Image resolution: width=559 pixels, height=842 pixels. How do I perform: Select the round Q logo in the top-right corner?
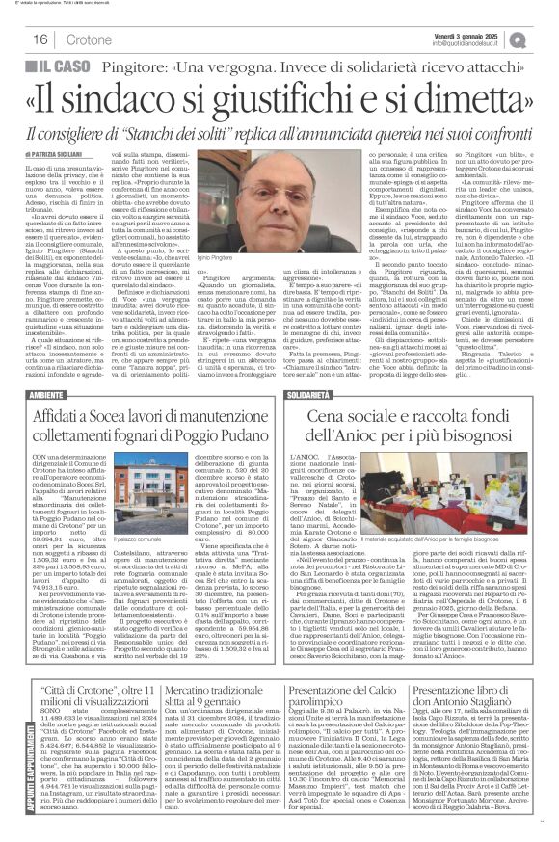[x=546, y=38]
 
